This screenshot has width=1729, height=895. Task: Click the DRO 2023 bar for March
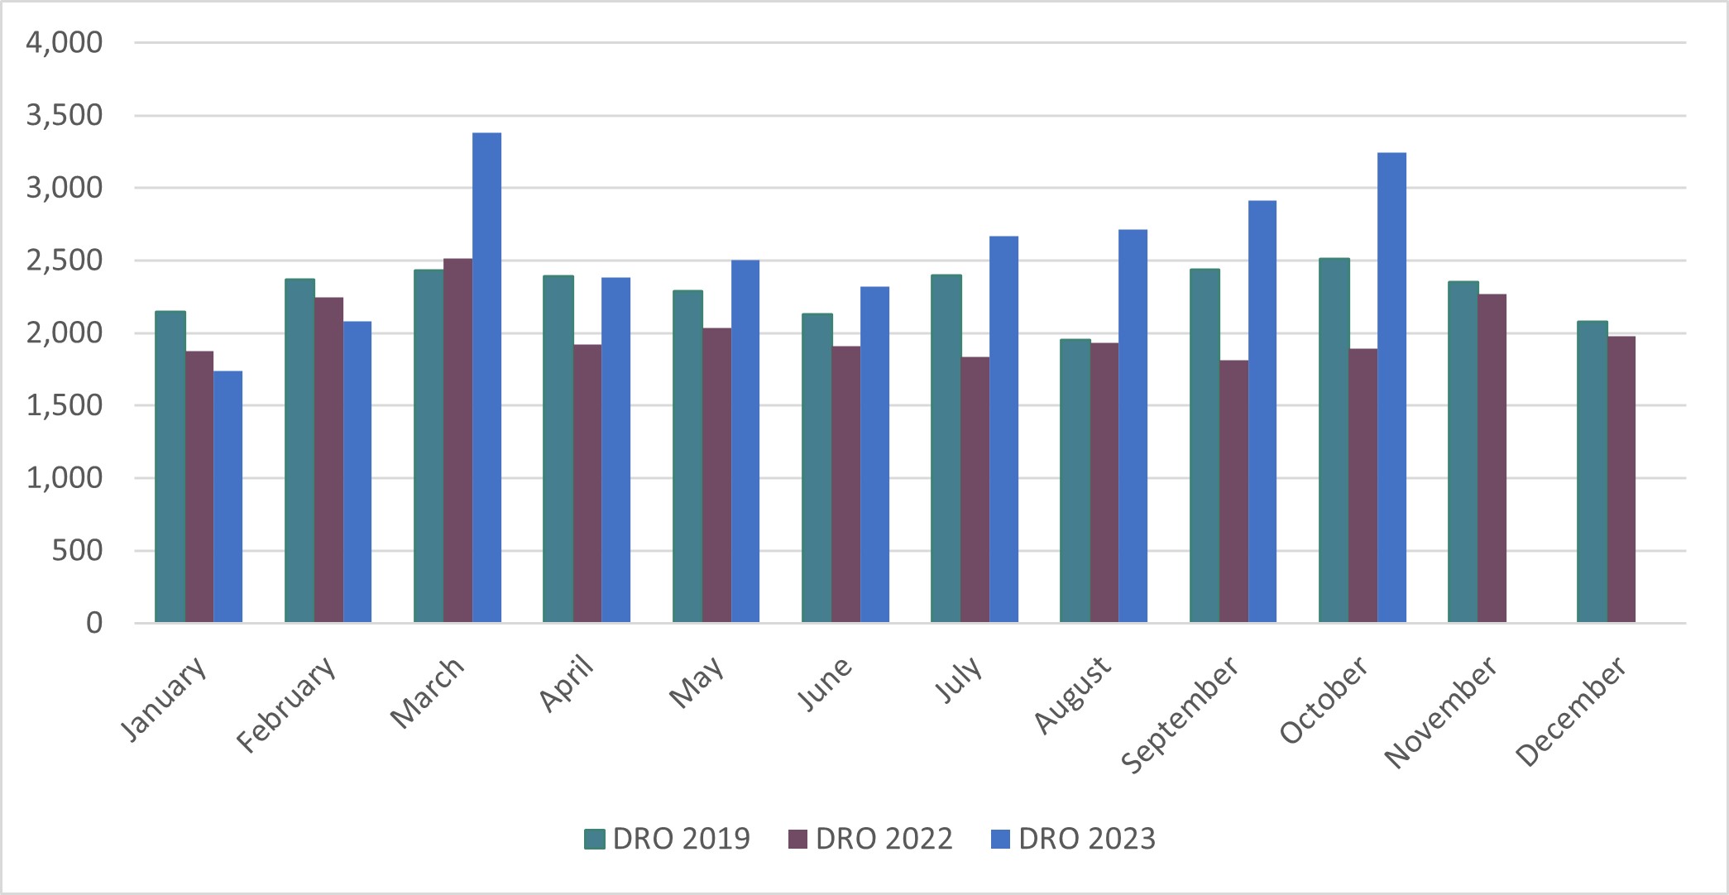point(486,377)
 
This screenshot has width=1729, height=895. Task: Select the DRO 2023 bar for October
point(1391,387)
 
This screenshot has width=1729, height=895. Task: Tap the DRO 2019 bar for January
point(170,467)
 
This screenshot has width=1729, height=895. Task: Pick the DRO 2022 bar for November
point(1492,458)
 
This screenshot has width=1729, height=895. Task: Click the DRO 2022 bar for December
point(1621,479)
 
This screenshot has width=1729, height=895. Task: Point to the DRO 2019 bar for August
point(1075,481)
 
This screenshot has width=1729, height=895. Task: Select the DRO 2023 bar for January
point(228,496)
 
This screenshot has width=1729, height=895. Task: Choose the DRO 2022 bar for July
point(975,490)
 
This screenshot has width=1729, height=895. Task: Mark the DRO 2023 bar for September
point(1262,411)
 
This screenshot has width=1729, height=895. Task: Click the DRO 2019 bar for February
point(299,450)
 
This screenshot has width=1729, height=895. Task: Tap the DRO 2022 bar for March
point(457,440)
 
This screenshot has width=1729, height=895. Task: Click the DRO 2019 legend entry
point(667,839)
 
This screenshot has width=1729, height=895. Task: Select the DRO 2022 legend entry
point(870,839)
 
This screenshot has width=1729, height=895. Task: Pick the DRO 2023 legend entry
point(1073,839)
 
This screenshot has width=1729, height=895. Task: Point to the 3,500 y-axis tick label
point(65,115)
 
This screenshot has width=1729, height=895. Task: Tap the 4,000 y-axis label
point(65,42)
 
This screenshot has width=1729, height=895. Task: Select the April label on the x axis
point(567,683)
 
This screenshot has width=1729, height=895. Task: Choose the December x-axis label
point(1571,711)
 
